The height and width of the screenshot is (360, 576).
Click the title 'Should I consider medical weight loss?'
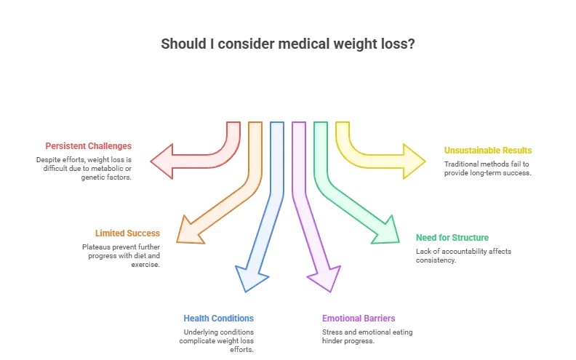pos(288,43)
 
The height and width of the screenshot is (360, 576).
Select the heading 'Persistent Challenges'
pos(88,146)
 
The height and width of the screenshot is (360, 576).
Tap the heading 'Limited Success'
pos(127,233)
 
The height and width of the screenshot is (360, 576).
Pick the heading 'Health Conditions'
pos(218,319)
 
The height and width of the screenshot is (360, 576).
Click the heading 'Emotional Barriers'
pos(359,319)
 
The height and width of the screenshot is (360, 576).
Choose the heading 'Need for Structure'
pos(452,238)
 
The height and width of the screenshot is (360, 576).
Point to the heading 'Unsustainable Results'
pos(488,151)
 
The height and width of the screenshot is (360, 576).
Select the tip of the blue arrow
pos(246,290)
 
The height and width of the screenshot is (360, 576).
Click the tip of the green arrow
pos(399,241)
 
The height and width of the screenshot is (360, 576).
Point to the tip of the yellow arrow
pos(425,160)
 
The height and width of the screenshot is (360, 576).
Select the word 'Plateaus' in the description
pos(95,247)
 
